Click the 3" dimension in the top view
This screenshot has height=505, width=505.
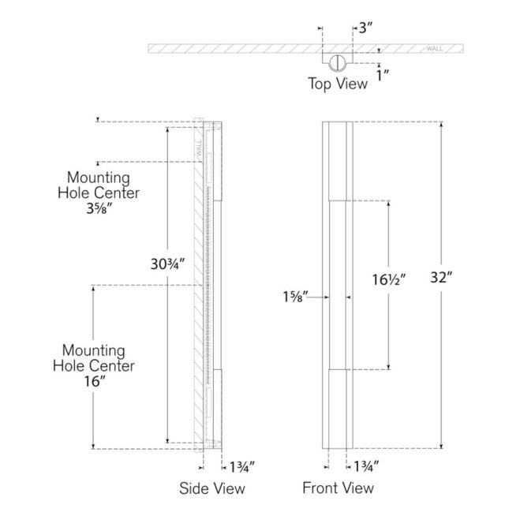click(x=365, y=28)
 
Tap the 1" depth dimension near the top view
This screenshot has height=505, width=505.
click(x=383, y=76)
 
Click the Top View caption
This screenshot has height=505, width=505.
click(x=338, y=84)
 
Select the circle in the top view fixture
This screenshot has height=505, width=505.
click(x=337, y=62)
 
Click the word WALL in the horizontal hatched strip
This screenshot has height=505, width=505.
click(x=435, y=49)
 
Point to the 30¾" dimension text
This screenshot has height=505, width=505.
click(x=167, y=264)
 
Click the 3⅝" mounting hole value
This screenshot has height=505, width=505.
click(x=99, y=208)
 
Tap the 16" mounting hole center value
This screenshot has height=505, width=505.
click(x=95, y=381)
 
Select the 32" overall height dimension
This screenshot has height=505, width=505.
click(x=441, y=277)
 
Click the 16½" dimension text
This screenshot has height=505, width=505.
click(x=388, y=279)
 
